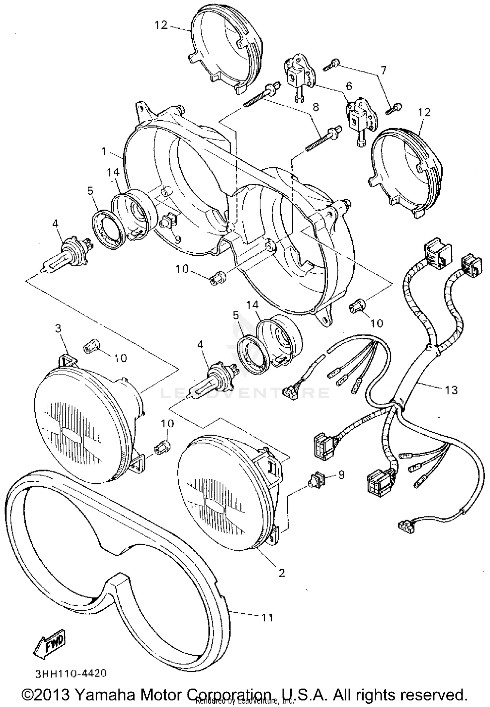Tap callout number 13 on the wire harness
[x=451, y=390]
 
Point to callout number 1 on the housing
[x=104, y=151]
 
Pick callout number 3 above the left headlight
[x=58, y=329]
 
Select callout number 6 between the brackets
[x=349, y=86]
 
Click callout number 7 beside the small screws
[x=383, y=70]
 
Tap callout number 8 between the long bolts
[x=316, y=108]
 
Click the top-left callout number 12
[x=161, y=25]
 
